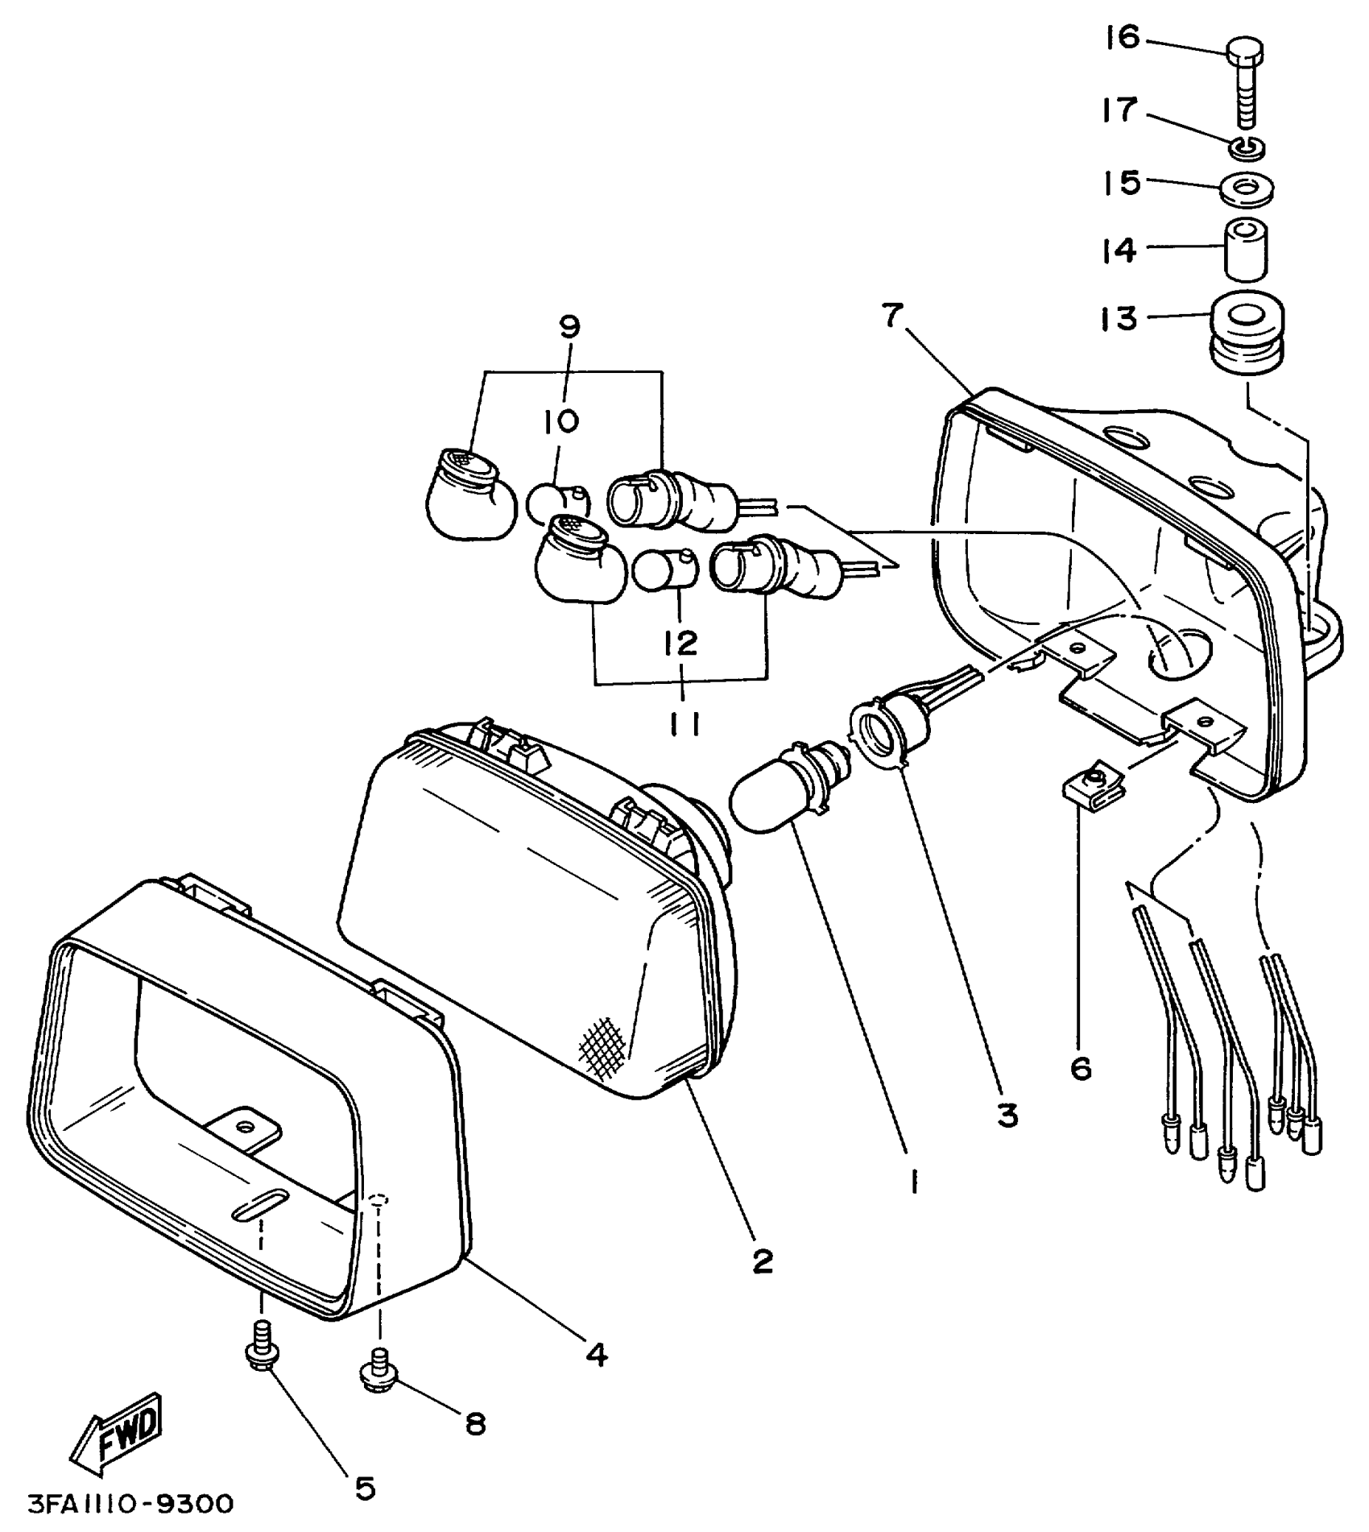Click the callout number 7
coord(891,316)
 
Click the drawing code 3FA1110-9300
coord(130,1503)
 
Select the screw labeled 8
coord(377,1369)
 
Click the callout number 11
coord(684,724)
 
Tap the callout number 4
coord(596,1355)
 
